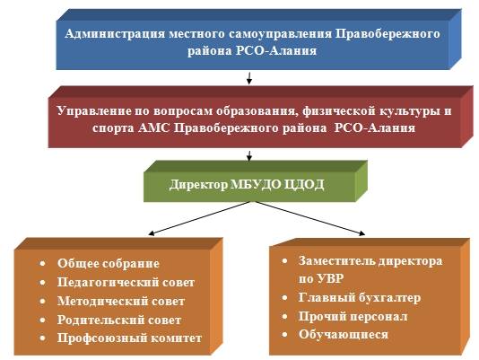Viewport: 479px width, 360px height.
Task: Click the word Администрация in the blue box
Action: [115, 34]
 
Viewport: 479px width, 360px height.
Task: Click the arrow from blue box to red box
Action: [249, 78]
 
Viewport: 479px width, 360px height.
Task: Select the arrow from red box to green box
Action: [249, 155]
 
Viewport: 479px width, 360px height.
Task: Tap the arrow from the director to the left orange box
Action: [199, 218]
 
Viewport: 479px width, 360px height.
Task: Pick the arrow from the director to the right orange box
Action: [310, 218]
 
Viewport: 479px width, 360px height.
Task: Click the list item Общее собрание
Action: [109, 264]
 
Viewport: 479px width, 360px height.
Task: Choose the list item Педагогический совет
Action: [126, 282]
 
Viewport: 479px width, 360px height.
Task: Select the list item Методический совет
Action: [121, 302]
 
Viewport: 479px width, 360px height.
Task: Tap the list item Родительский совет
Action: [119, 320]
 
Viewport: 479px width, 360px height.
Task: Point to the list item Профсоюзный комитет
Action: [129, 338]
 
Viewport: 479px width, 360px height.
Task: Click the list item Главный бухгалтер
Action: [360, 297]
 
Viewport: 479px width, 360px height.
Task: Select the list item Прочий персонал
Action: [353, 316]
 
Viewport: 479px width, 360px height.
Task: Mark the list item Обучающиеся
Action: [344, 335]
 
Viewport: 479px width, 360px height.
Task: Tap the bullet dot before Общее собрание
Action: [42, 264]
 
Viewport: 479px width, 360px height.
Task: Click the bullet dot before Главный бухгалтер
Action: [284, 297]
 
